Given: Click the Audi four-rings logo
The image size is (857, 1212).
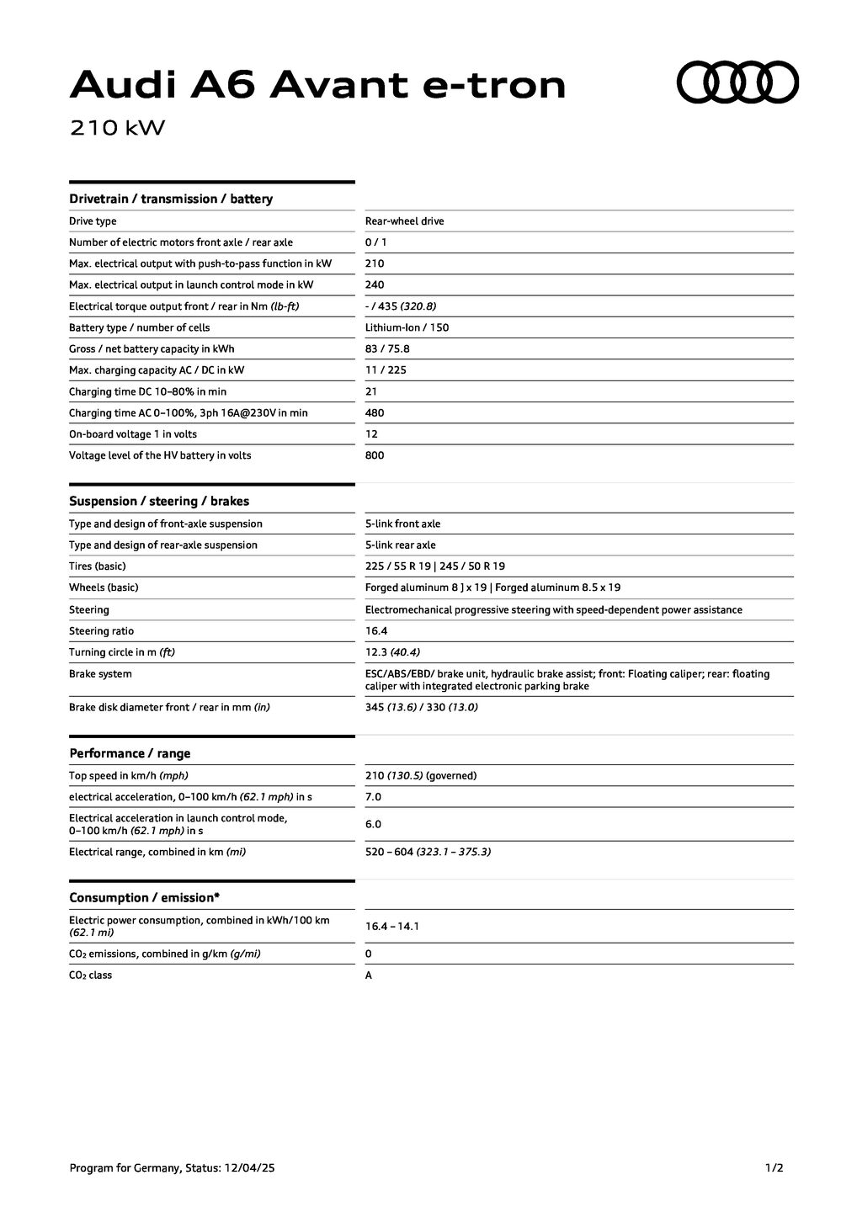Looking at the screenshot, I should pyautogui.click(x=737, y=82).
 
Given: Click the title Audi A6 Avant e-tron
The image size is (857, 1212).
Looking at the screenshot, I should pyautogui.click(x=317, y=85).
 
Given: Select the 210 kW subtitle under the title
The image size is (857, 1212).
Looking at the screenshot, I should pyautogui.click(x=117, y=128).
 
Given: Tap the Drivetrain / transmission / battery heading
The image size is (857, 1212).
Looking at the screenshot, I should pyautogui.click(x=171, y=199).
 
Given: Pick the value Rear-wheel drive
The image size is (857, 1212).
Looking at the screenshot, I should pyautogui.click(x=404, y=221).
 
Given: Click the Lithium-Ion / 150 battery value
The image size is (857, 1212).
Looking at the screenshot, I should pyautogui.click(x=407, y=327).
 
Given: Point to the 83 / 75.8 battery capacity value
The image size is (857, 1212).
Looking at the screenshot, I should pyautogui.click(x=387, y=349).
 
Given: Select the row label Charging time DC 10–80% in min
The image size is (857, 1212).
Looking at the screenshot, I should pyautogui.click(x=147, y=391).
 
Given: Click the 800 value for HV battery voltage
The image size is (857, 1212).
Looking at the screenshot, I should pyautogui.click(x=375, y=455).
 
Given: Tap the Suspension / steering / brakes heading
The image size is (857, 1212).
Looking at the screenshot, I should pyautogui.click(x=159, y=502).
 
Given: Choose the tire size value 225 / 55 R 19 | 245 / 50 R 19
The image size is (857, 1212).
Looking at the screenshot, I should pyautogui.click(x=435, y=566).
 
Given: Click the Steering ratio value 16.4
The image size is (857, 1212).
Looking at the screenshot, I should pyautogui.click(x=376, y=631).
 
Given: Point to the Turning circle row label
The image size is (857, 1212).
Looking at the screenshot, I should pyautogui.click(x=122, y=652).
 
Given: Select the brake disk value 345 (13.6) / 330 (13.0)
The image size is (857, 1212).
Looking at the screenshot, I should pyautogui.click(x=421, y=707).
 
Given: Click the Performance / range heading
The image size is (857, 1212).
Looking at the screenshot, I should pyautogui.click(x=130, y=753).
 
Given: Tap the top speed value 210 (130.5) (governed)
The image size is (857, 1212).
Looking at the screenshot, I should pyautogui.click(x=420, y=776).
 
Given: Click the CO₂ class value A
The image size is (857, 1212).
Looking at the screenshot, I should pyautogui.click(x=369, y=975).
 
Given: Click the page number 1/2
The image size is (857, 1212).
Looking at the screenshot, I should pyautogui.click(x=774, y=1167).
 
